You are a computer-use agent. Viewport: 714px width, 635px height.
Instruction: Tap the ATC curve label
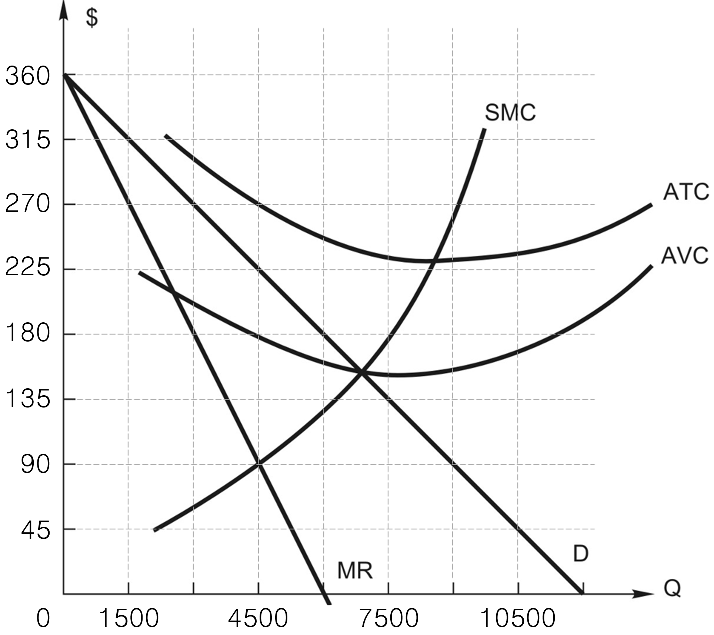tap(686, 192)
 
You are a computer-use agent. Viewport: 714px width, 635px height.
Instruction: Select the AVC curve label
tap(684, 256)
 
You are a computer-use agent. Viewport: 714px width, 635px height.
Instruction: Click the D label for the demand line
tap(580, 553)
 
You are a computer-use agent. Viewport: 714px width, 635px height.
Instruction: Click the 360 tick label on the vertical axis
tap(28, 76)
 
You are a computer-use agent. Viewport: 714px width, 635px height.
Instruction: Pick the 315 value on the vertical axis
tap(28, 141)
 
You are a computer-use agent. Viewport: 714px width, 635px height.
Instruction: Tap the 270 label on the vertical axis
tap(28, 205)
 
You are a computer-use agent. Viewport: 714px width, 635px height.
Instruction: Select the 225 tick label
tap(28, 268)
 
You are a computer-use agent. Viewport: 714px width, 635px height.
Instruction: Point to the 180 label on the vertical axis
tap(28, 333)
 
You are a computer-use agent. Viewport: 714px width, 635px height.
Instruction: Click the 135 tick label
tap(28, 399)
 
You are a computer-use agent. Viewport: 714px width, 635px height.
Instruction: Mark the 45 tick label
tap(35, 531)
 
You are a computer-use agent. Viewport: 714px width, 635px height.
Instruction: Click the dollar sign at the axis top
tap(92, 18)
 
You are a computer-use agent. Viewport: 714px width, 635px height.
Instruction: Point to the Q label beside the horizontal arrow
tap(672, 588)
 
